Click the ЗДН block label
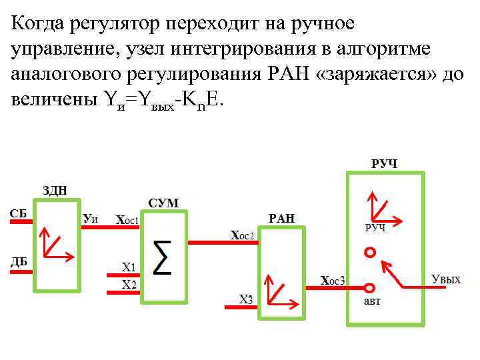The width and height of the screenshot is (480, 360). pyautogui.click(x=55, y=190)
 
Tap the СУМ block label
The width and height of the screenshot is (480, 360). pyautogui.click(x=163, y=203)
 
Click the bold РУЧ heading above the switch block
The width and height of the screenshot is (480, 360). pyautogui.click(x=384, y=163)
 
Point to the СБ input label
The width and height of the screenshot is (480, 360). pyautogui.click(x=19, y=213)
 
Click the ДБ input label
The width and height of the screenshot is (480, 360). pyautogui.click(x=19, y=261)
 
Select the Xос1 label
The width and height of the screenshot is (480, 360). pyautogui.click(x=127, y=219)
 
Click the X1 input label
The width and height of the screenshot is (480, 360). pyautogui.click(x=129, y=267)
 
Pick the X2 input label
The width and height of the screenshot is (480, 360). pyautogui.click(x=129, y=285)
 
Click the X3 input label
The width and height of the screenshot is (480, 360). pyautogui.click(x=246, y=299)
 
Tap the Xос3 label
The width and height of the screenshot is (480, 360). pyautogui.click(x=333, y=281)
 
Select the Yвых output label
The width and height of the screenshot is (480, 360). pyautogui.click(x=446, y=279)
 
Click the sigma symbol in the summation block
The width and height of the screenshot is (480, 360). pyautogui.click(x=162, y=257)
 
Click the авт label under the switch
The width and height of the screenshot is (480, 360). pyautogui.click(x=372, y=301)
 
